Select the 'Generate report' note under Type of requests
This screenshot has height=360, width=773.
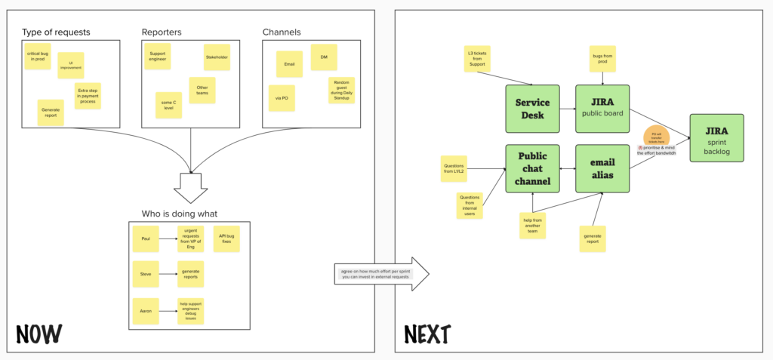(51, 112)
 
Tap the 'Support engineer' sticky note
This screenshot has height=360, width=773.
(158, 57)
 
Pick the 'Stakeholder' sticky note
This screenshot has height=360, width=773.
(217, 57)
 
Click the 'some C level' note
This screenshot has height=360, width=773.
(168, 105)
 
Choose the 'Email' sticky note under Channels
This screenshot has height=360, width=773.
(289, 64)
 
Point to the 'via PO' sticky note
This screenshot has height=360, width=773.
(281, 98)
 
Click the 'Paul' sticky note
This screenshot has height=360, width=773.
(145, 238)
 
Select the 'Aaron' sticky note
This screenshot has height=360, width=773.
(145, 311)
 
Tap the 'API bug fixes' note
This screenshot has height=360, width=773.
(226, 238)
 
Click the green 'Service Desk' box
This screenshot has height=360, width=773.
(532, 108)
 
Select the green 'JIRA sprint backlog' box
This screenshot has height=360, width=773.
(716, 137)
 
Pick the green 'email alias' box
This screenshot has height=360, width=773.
(602, 168)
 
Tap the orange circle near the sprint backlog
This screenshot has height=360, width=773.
(656, 136)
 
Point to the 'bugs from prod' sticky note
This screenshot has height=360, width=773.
(602, 59)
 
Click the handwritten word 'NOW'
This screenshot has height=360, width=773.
(38, 334)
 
